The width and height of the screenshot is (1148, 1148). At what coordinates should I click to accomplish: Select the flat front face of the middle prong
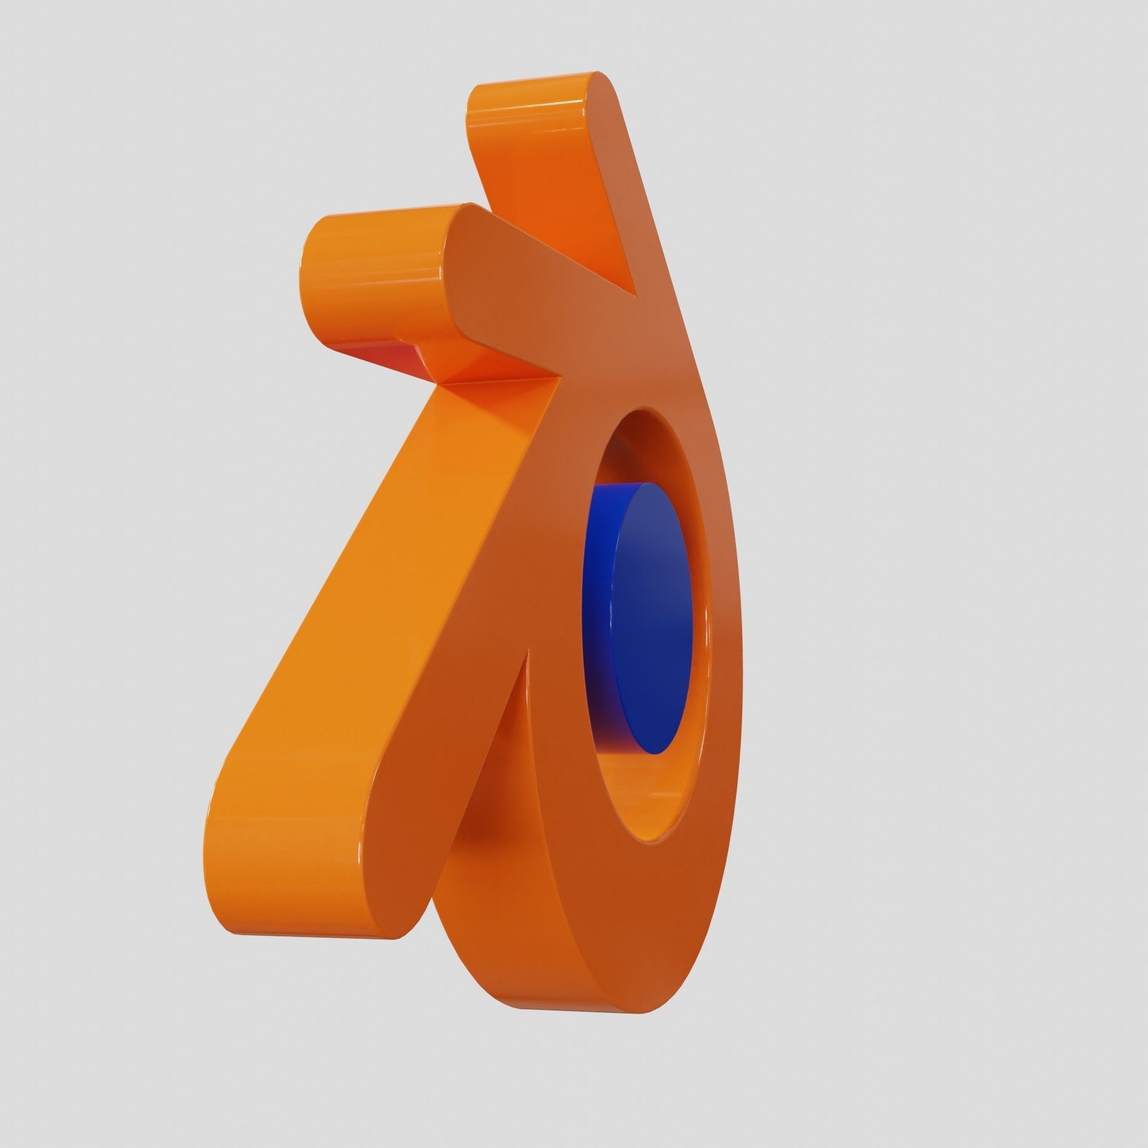pos(508,287)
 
